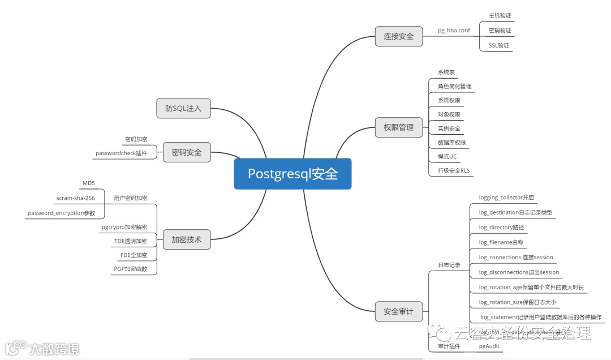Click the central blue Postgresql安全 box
pos(292,174)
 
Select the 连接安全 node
pos(399,36)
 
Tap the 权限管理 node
pos(399,127)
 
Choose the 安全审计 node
pos(399,311)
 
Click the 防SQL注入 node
pos(183,108)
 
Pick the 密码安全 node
pos(186,152)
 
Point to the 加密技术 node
pos(186,240)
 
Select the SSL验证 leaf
pos(498,45)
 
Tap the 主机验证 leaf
pos(500,16)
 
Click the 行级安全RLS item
pos(454,170)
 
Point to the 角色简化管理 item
pos(454,87)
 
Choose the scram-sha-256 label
pos(76,198)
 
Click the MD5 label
pos(89,183)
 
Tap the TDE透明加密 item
pos(130,241)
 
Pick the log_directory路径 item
pos(501,228)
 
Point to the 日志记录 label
pos(449,265)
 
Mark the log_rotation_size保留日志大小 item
pos(518,302)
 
